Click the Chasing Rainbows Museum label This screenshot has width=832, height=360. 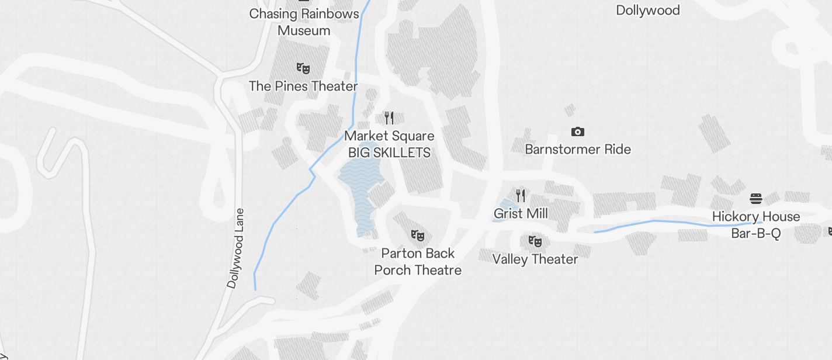[x=304, y=22]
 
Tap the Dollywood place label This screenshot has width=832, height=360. [x=648, y=10]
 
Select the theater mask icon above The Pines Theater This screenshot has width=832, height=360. [x=303, y=68]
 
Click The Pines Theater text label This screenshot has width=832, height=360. [x=303, y=86]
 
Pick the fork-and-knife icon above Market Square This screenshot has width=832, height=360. [x=389, y=118]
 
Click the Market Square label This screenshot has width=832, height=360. [x=389, y=136]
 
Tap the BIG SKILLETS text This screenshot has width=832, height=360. [x=389, y=153]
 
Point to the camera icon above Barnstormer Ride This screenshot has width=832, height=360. [x=577, y=132]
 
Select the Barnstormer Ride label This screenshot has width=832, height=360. [x=578, y=149]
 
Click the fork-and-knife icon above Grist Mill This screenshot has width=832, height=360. [x=521, y=196]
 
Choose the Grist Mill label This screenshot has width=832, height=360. [x=521, y=213]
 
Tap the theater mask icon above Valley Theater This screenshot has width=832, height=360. [x=535, y=241]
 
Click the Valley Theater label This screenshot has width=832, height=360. [x=535, y=259]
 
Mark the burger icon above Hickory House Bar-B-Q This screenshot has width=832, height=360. [x=755, y=199]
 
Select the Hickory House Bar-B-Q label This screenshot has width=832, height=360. [x=756, y=225]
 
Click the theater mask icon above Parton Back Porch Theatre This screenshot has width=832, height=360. [x=418, y=236]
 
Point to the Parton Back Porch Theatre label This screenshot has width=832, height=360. [x=418, y=261]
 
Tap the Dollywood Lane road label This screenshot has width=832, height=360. [x=236, y=248]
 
